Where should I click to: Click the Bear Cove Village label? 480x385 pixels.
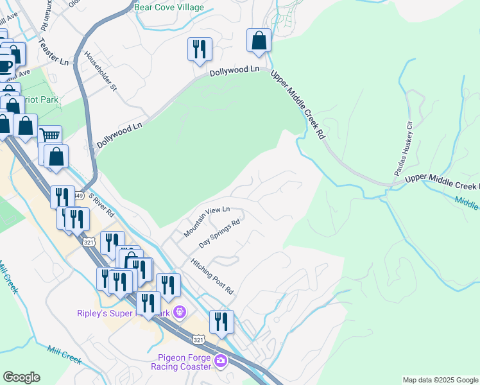[x=169, y=8]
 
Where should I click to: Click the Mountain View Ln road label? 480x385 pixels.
[x=207, y=222]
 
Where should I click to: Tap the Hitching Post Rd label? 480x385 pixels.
[x=212, y=277]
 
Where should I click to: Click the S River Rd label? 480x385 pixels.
[x=101, y=204]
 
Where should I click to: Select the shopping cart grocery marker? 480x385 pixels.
[x=49, y=136]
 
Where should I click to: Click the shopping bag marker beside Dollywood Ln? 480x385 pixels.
[x=258, y=40]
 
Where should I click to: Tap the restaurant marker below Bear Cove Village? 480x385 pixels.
[x=199, y=49]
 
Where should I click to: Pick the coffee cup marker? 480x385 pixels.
[x=5, y=65]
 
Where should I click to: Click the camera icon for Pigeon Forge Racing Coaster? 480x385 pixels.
[x=221, y=361]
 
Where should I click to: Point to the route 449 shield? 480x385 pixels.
[x=78, y=195]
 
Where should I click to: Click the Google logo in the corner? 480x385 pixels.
[x=21, y=377]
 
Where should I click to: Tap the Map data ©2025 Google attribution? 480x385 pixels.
[x=440, y=380]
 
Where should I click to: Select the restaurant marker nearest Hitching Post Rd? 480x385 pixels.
[x=221, y=321]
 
